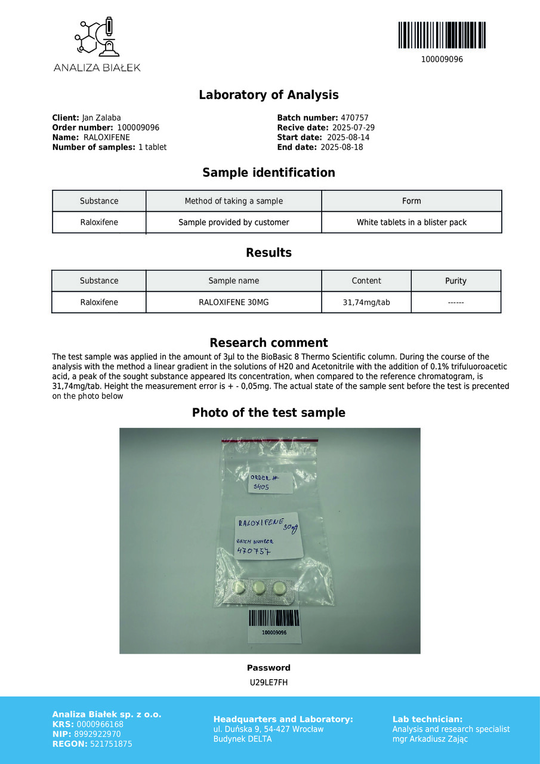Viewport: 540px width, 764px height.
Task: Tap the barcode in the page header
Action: [442, 35]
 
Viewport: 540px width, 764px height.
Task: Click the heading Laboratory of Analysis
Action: [269, 95]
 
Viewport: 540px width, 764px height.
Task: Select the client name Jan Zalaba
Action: [101, 118]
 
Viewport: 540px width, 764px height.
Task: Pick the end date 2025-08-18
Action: [341, 147]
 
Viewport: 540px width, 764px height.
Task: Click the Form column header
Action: [411, 201]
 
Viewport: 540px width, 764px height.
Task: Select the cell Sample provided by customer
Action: [233, 223]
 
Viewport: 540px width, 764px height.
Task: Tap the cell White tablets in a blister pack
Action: [411, 223]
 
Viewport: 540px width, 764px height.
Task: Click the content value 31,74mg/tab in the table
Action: [366, 303]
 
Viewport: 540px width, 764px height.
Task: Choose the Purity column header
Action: [455, 281]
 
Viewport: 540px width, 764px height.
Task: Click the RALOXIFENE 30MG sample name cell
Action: [233, 303]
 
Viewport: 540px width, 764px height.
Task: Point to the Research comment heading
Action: [269, 343]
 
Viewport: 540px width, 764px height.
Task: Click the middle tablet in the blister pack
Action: [259, 588]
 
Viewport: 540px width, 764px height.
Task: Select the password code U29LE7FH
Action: [269, 683]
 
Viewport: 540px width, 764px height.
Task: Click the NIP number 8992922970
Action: [98, 734]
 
